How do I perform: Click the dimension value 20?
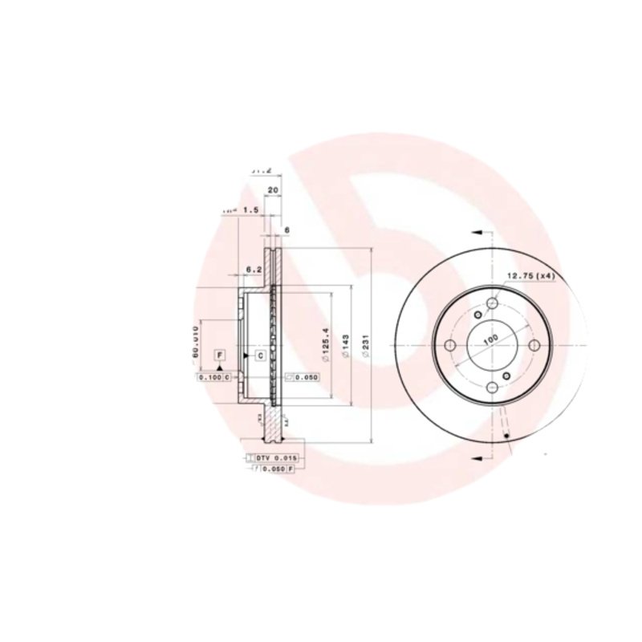pos(273,190)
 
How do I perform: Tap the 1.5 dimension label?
pos(250,209)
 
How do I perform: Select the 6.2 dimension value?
pos(254,269)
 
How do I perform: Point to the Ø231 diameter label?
pos(364,345)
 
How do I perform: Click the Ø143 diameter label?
pos(343,345)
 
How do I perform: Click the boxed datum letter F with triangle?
pos(219,356)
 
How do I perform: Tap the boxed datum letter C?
pos(261,355)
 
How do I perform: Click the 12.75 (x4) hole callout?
pos(530,276)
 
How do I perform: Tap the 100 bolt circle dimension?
pos(489,340)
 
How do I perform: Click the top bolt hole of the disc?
pos(490,304)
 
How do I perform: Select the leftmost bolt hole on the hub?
pos(449,345)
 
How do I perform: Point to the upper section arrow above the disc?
pos(478,232)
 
